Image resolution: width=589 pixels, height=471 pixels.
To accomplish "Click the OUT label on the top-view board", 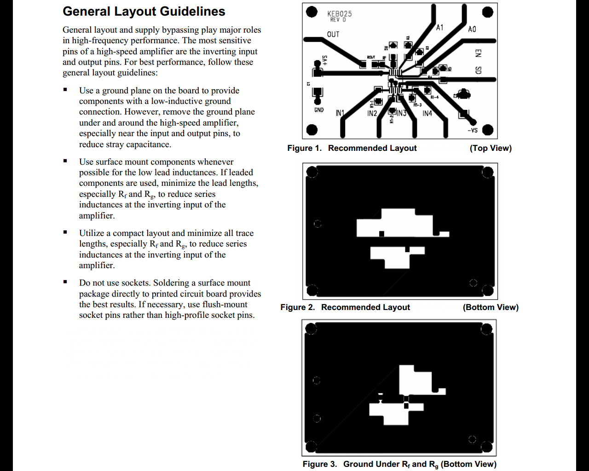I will (x=333, y=34).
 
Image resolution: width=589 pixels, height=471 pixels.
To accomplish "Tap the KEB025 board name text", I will (x=340, y=14).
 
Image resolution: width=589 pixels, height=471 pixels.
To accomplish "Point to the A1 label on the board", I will (x=440, y=28).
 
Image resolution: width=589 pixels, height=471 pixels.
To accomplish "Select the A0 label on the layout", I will (x=472, y=29).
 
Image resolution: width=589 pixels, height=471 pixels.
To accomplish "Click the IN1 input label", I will (x=340, y=113).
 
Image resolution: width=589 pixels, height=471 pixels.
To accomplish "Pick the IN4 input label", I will (x=427, y=113).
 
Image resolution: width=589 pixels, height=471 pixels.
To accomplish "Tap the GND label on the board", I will (x=319, y=110).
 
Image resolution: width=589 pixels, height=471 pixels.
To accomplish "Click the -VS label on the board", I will (x=473, y=130).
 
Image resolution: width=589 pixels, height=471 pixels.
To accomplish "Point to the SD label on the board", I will (x=478, y=70).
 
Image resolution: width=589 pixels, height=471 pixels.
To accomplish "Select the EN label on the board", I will (x=478, y=53).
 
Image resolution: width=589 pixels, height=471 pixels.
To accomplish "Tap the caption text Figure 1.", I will (x=304, y=148).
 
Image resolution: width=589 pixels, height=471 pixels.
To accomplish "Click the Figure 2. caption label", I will (x=297, y=307).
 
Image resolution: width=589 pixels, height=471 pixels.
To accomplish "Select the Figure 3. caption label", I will (x=319, y=464).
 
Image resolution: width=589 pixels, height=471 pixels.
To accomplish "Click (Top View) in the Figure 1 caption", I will (x=491, y=148).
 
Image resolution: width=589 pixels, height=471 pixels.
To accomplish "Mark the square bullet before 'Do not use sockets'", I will (x=65, y=282).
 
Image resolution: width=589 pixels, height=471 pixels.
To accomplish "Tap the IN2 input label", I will (x=372, y=113).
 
